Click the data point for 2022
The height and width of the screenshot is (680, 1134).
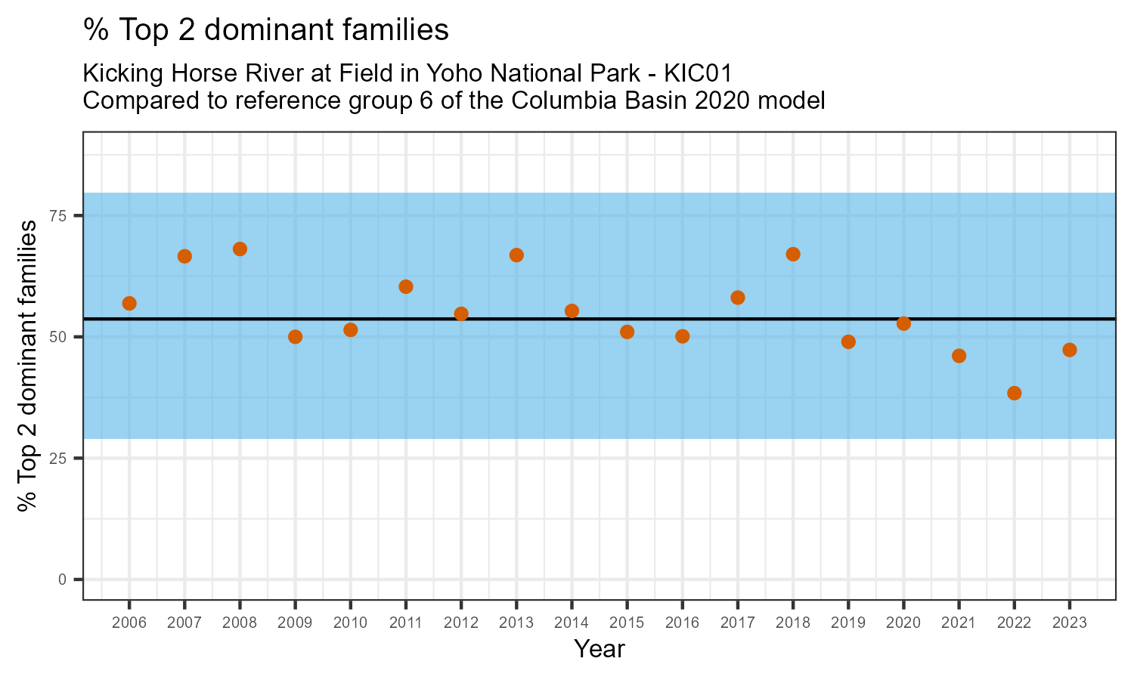pos(1014,393)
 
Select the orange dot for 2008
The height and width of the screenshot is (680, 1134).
pos(240,249)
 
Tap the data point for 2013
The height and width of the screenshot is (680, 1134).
pos(516,255)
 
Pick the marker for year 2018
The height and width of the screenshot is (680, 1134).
pos(793,254)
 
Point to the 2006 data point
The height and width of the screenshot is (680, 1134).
pos(129,304)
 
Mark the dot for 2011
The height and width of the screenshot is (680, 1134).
pos(406,286)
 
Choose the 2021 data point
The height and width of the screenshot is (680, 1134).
pos(959,356)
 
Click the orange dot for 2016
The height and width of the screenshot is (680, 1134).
pos(682,336)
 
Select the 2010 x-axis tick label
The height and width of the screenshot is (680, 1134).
pos(350,623)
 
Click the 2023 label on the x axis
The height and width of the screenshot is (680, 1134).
pos(1069,623)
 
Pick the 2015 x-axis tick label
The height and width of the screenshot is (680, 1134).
pos(627,623)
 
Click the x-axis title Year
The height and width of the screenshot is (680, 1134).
pos(599,649)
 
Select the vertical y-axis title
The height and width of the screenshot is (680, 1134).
pos(28,366)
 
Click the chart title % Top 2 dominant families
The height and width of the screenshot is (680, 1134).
pos(266,30)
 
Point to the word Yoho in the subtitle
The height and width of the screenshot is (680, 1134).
pos(451,74)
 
